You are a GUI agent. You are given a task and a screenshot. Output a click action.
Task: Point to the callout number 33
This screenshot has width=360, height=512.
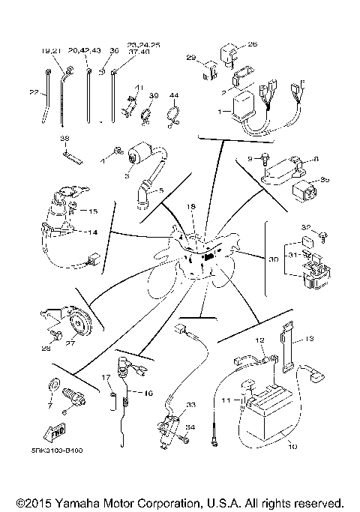pos(190,405)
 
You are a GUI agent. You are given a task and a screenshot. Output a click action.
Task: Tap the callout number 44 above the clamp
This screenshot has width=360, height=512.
pos(173,95)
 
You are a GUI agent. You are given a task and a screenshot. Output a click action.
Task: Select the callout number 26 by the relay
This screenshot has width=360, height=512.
pos(252,43)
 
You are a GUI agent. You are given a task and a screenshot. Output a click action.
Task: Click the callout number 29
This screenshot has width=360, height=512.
pos(190,58)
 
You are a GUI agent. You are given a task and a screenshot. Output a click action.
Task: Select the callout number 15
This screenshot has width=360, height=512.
pos(93,211)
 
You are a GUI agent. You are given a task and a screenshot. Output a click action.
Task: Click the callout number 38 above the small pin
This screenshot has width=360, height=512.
pos(64,139)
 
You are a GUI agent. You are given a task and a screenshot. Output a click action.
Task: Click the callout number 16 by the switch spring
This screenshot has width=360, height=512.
pos(148,392)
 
